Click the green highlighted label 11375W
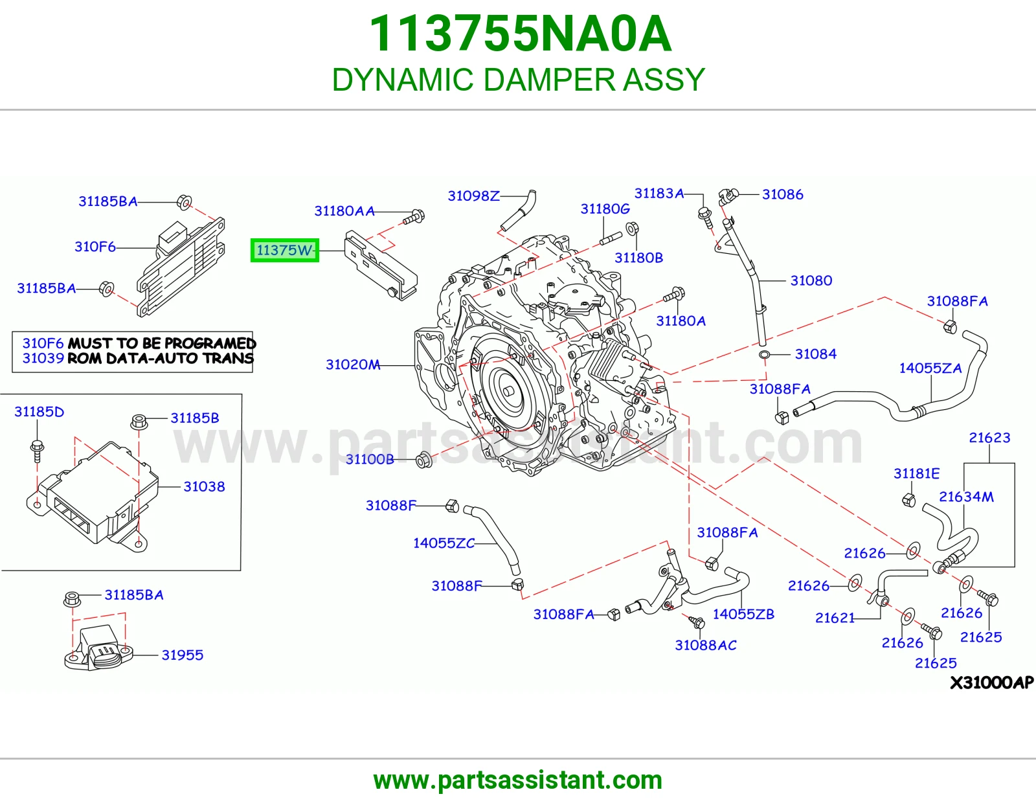click(285, 251)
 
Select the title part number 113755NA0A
click(520, 34)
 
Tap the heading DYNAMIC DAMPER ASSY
click(518, 80)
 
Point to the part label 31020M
click(353, 365)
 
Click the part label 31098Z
click(473, 196)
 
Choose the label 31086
click(782, 194)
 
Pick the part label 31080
click(811, 280)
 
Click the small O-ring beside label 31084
click(763, 355)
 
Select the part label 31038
click(204, 487)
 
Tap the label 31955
click(182, 655)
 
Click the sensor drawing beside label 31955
click(98, 648)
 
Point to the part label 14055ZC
click(444, 543)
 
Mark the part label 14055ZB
click(743, 614)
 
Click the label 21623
click(989, 438)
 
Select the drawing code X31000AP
click(992, 683)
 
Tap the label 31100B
click(370, 459)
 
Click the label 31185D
click(39, 412)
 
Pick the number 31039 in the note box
click(43, 358)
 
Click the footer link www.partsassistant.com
click(518, 780)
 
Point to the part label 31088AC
click(706, 645)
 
